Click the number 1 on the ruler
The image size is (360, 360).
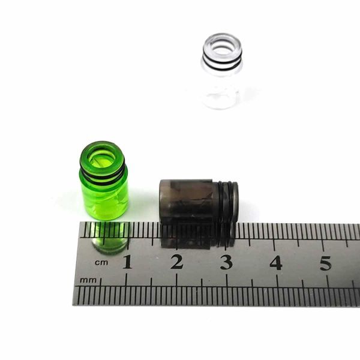[128, 262]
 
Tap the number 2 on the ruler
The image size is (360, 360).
[177, 262]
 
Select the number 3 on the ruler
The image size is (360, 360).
[226, 262]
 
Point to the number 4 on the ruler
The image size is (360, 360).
[276, 262]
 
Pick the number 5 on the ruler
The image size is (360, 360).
[326, 263]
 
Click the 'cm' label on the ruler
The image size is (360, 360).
[101, 262]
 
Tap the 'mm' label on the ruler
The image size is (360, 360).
[88, 280]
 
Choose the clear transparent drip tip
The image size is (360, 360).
[222, 71]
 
